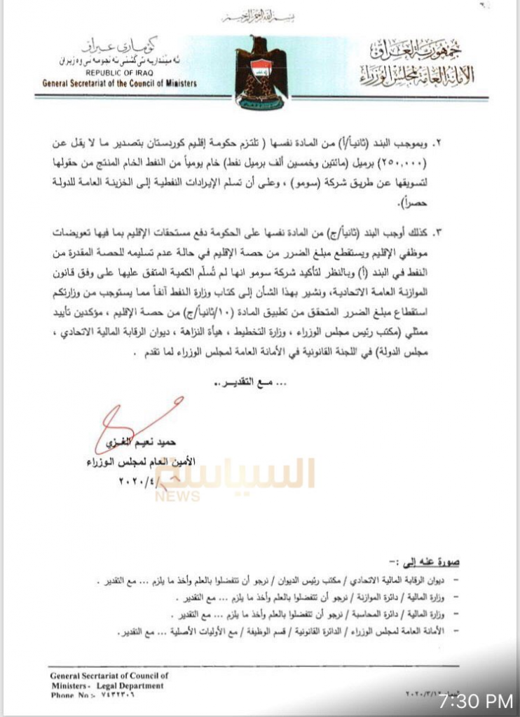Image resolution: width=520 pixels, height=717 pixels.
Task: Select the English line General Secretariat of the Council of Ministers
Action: point(119,83)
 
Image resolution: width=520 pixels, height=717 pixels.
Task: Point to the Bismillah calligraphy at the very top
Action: point(260,16)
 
